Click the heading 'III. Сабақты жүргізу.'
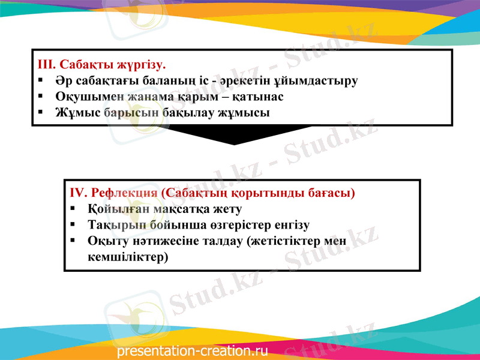[101, 64]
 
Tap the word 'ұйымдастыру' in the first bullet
[325, 80]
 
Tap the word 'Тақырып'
[113, 226]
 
